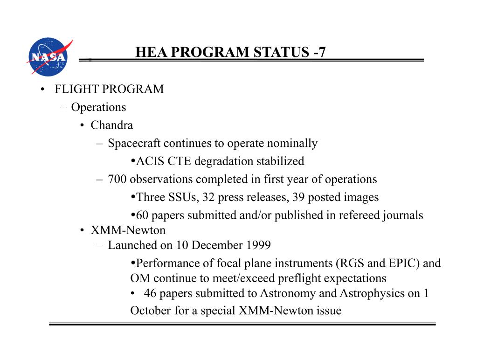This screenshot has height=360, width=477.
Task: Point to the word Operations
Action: click(98, 107)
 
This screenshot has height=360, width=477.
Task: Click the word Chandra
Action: click(112, 125)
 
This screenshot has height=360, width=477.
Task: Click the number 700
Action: click(118, 179)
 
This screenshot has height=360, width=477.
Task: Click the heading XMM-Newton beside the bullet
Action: click(128, 230)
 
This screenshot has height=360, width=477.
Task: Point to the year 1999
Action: click(258, 245)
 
